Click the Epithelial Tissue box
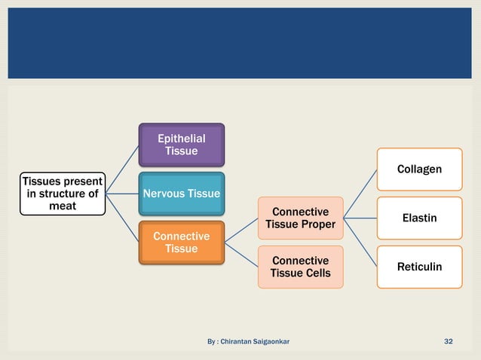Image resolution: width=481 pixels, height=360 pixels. pyautogui.click(x=181, y=145)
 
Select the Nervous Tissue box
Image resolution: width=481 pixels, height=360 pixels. pyautogui.click(x=181, y=194)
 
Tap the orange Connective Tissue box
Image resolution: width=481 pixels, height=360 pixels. pyautogui.click(x=181, y=243)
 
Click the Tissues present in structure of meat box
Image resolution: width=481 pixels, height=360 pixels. pyautogui.click(x=63, y=194)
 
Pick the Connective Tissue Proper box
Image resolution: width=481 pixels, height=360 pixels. pyautogui.click(x=300, y=218)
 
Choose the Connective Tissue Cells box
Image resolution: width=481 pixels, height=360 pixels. pyautogui.click(x=300, y=267)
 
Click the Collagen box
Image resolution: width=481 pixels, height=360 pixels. pyautogui.click(x=419, y=169)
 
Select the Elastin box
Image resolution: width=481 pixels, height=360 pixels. pyautogui.click(x=419, y=218)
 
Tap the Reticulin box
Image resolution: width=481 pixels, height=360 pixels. pyautogui.click(x=419, y=267)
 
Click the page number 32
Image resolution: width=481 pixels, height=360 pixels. pyautogui.click(x=449, y=342)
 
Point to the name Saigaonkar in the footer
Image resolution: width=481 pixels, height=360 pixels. pyautogui.click(x=265, y=342)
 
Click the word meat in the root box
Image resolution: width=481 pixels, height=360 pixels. pyautogui.click(x=63, y=206)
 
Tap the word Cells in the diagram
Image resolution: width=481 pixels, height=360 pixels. pyautogui.click(x=316, y=273)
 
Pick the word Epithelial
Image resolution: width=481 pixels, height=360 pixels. pyautogui.click(x=181, y=139)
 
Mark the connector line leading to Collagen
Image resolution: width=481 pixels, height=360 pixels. pyautogui.click(x=360, y=194)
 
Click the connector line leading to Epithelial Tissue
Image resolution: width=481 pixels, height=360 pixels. pyautogui.click(x=122, y=169)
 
